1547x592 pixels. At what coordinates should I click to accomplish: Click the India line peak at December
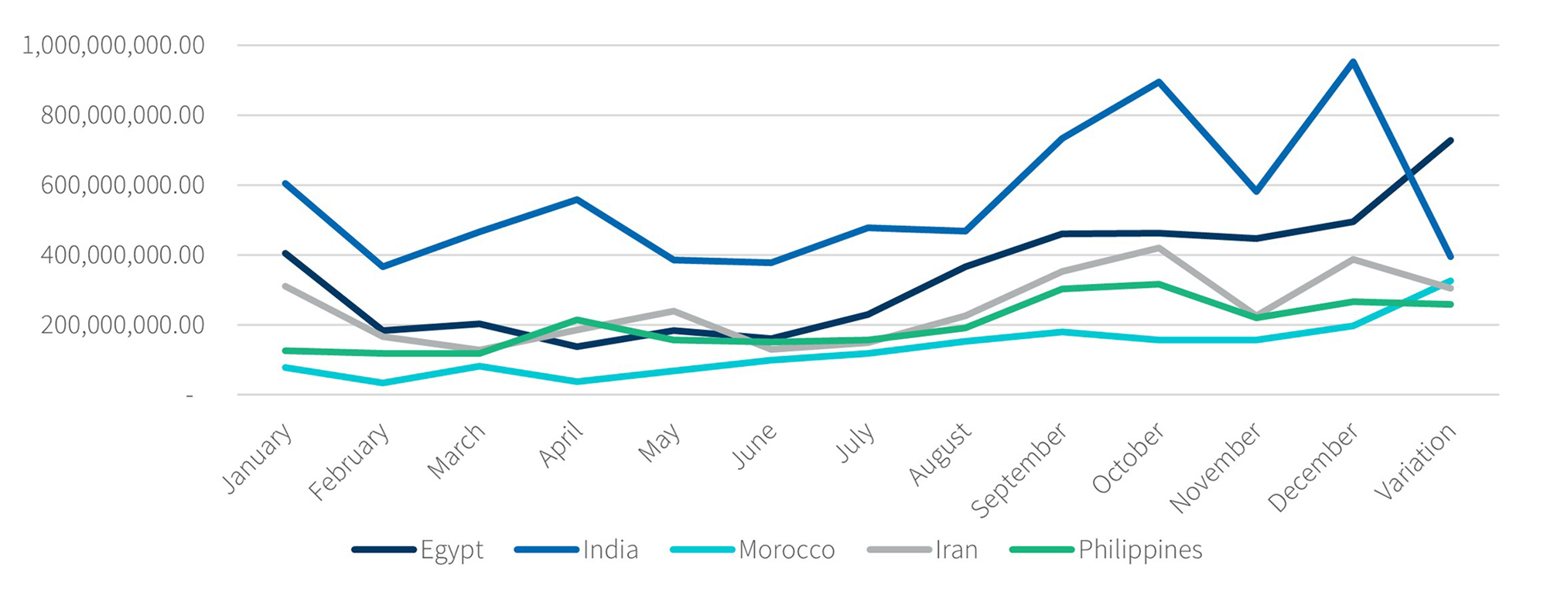tap(1353, 62)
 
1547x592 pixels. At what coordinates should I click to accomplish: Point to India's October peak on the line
tap(1159, 81)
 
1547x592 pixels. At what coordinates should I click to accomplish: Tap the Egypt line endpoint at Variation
tap(1450, 141)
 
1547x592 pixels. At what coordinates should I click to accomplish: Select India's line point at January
tap(285, 183)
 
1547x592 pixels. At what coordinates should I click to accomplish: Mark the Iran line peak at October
tap(1159, 248)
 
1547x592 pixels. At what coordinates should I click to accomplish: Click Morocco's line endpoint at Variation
tap(1450, 281)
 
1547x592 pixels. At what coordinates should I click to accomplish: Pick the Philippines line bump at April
tap(577, 320)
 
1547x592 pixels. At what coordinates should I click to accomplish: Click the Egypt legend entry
tap(418, 550)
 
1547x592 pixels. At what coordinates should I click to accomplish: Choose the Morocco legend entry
tap(753, 550)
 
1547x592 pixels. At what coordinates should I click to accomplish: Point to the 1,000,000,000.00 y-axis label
tap(114, 46)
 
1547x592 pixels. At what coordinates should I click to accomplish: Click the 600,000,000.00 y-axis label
tap(122, 186)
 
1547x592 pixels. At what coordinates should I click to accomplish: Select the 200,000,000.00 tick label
tap(122, 325)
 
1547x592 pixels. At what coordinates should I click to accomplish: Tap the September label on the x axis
tap(1018, 470)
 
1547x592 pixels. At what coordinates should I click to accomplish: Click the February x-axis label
tap(348, 462)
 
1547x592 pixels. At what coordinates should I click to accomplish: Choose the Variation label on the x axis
tap(1416, 462)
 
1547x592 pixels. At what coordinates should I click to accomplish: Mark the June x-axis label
tap(754, 447)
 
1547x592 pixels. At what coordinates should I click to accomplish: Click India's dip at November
tap(1256, 190)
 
